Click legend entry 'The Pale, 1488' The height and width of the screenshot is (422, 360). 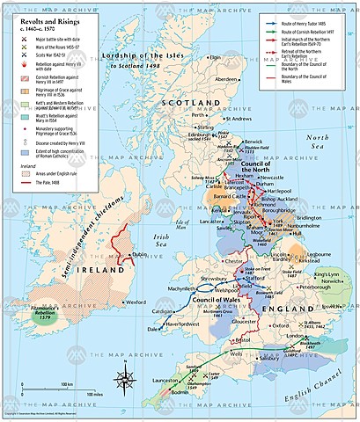[48, 182]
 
